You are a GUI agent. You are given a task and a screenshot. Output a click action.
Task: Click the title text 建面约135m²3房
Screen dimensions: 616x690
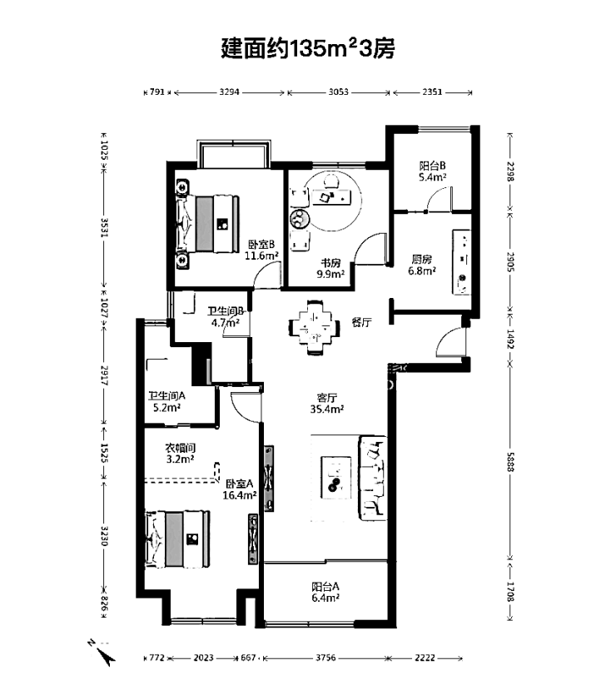(307, 48)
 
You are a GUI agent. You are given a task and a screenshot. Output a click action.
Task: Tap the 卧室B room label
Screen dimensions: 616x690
(261, 250)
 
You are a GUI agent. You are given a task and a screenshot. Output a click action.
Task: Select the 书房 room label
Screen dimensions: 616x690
(330, 269)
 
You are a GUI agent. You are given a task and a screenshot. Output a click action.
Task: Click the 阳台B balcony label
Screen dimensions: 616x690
(432, 171)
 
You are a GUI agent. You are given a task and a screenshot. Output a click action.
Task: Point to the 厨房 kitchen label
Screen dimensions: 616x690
(421, 265)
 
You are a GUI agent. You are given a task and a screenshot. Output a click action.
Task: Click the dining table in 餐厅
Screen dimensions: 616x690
(314, 327)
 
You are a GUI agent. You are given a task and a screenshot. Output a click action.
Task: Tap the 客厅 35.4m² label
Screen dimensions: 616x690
(327, 403)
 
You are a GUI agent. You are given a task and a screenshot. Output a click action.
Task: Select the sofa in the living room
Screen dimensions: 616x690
(373, 478)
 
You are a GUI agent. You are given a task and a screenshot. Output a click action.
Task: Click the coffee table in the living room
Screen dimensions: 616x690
(336, 478)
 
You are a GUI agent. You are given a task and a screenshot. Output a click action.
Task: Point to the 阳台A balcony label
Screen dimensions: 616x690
(325, 592)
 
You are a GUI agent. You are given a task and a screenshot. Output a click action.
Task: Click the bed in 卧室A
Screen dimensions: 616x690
(177, 539)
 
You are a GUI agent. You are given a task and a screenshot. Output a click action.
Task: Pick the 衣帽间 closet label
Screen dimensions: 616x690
(180, 454)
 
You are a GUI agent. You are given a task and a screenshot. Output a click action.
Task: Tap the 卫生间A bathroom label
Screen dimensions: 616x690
(166, 401)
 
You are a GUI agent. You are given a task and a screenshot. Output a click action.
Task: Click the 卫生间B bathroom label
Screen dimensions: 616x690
(226, 316)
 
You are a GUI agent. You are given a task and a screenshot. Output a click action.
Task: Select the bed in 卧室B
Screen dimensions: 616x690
(207, 224)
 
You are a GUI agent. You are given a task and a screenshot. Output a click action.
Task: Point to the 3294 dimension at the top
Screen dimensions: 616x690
(229, 92)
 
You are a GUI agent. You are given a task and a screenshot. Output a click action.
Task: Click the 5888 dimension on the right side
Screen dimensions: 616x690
(510, 462)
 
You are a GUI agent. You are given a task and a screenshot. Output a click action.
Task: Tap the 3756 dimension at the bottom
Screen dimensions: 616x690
(325, 658)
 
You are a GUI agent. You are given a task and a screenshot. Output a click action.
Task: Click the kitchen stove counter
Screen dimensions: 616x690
(461, 262)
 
